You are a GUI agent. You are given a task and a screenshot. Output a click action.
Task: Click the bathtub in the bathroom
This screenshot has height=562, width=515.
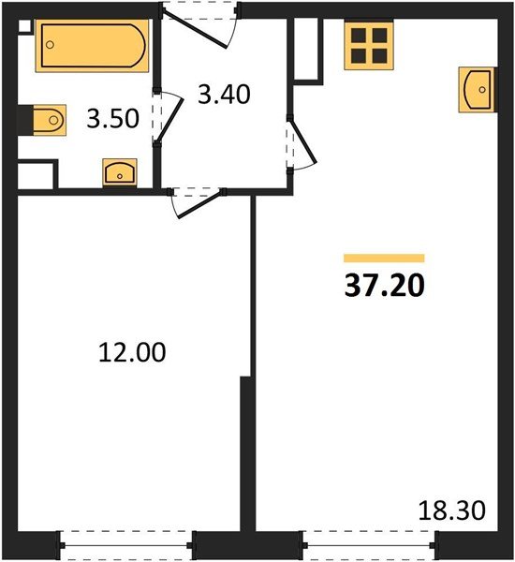(92, 46)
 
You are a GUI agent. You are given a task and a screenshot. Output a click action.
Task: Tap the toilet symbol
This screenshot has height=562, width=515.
(50, 120)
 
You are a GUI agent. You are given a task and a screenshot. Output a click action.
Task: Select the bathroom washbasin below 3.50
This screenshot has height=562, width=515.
(120, 172)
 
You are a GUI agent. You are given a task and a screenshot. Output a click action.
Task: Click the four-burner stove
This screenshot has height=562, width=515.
(369, 45)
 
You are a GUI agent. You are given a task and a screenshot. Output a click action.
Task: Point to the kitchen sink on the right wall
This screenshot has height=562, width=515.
(477, 90)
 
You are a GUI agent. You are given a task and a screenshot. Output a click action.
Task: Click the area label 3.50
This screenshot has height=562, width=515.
(113, 119)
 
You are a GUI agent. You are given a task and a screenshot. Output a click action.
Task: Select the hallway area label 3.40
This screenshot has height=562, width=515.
(224, 95)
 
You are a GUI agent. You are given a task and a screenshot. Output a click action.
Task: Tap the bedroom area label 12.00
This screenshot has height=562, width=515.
(132, 352)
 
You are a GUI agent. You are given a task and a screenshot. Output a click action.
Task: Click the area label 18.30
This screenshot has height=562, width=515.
(452, 510)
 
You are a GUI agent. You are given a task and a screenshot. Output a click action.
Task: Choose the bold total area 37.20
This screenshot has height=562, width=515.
(384, 286)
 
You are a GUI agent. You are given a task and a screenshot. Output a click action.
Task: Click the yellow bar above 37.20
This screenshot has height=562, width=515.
(384, 259)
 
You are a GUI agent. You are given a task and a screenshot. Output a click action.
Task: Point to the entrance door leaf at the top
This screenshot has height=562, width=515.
(195, 29)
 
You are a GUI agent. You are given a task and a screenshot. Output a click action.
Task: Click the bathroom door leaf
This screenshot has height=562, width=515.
(170, 120)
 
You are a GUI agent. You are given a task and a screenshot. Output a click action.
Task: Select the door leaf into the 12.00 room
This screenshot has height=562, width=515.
(200, 205)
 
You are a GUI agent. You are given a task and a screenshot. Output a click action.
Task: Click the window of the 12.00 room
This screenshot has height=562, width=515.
(126, 545)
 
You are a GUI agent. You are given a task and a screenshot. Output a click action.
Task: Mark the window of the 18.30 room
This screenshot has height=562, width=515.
(370, 545)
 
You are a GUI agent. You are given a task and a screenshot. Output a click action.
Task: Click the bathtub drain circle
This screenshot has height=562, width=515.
(51, 45)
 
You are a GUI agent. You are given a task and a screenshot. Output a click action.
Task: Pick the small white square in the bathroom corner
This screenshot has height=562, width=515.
(24, 26)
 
